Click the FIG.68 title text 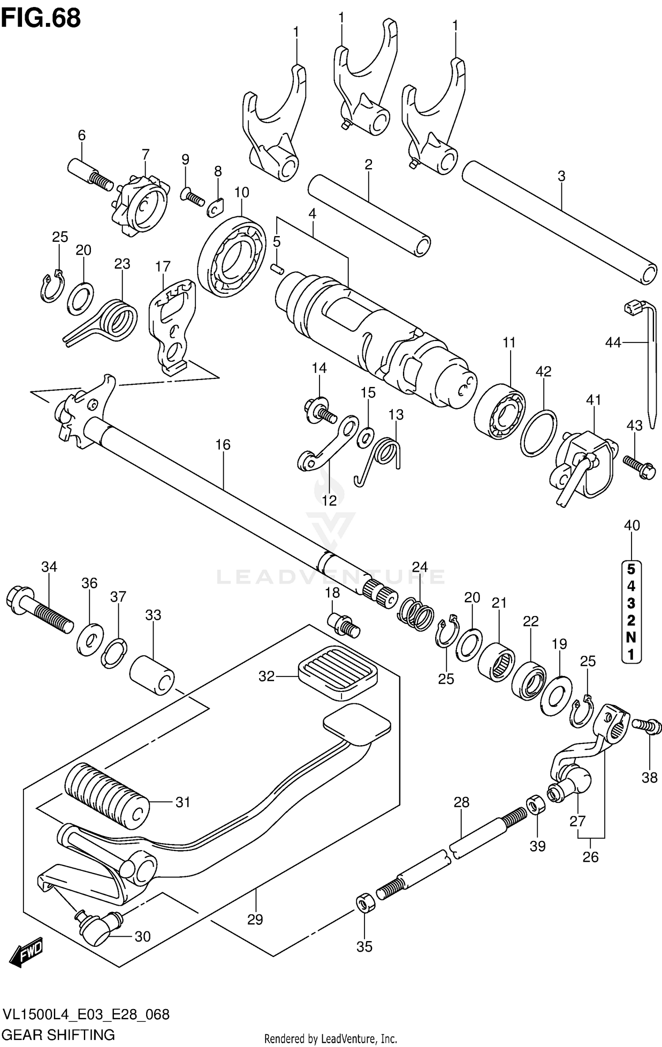tap(41, 19)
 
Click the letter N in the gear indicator tap(631, 637)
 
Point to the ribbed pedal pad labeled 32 tap(338, 673)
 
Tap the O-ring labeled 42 tap(538, 433)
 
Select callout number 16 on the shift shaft tap(223, 444)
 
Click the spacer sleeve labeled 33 tap(152, 679)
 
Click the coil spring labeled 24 tap(416, 613)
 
